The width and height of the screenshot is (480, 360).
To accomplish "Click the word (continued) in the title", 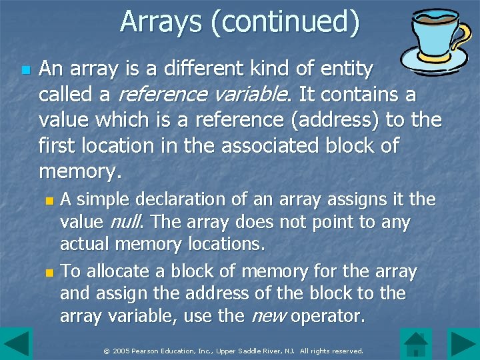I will (x=285, y=22).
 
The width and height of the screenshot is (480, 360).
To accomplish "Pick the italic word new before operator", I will (x=267, y=316).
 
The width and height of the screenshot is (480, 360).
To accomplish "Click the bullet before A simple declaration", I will (x=47, y=200).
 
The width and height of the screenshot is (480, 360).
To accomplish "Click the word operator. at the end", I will (x=329, y=316).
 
